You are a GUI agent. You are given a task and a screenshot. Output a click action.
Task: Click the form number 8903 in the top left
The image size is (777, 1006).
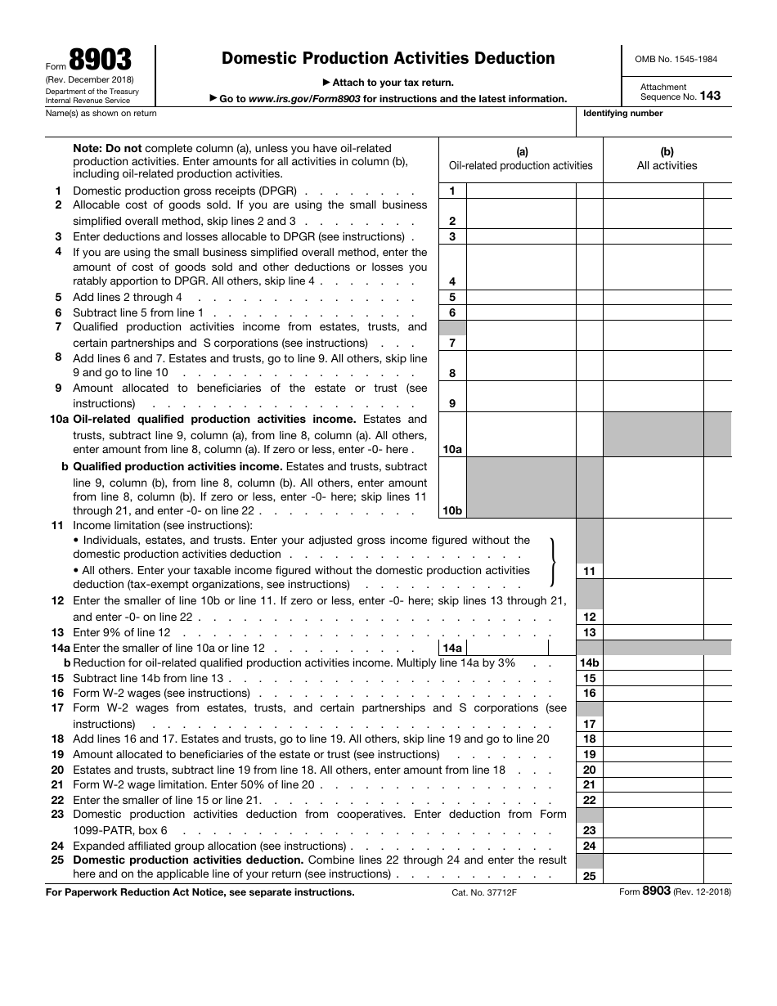tap(100, 61)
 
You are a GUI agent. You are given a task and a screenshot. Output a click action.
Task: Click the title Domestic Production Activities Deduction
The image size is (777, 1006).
tap(388, 58)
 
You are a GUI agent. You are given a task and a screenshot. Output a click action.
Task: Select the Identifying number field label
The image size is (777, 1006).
tap(622, 114)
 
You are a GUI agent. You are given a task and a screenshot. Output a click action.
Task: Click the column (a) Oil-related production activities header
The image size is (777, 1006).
tap(521, 159)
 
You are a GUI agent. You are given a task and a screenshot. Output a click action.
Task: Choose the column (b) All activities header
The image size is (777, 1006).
tap(667, 159)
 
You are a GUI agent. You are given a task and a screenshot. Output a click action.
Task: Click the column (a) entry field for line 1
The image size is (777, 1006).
tap(521, 191)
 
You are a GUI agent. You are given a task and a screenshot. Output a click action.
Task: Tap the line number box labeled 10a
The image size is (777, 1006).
tap(452, 449)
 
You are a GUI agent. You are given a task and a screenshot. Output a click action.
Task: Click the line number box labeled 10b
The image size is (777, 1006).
tap(452, 510)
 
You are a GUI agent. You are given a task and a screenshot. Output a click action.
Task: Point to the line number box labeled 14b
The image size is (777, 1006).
tap(589, 663)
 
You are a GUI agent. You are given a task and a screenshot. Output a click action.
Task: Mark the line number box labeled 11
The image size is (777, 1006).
tap(589, 571)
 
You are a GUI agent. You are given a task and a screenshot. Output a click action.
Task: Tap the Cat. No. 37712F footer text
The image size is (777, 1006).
tap(484, 892)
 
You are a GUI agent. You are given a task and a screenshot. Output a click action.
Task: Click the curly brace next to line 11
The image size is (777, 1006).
tap(555, 563)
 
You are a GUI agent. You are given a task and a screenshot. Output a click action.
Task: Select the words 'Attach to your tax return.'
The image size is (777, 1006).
tap(388, 83)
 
